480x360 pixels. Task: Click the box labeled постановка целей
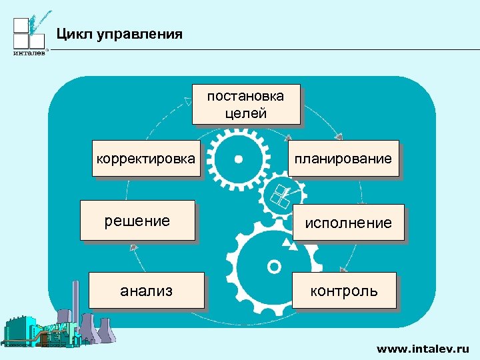click(245, 104)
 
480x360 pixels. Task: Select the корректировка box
click(146, 159)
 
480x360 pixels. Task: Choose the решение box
click(137, 220)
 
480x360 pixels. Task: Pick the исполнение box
click(348, 223)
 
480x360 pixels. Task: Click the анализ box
click(146, 290)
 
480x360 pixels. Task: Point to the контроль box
click(343, 291)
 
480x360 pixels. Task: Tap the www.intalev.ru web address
click(423, 348)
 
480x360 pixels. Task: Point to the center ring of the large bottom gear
click(273, 267)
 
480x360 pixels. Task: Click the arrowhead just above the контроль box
click(343, 269)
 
